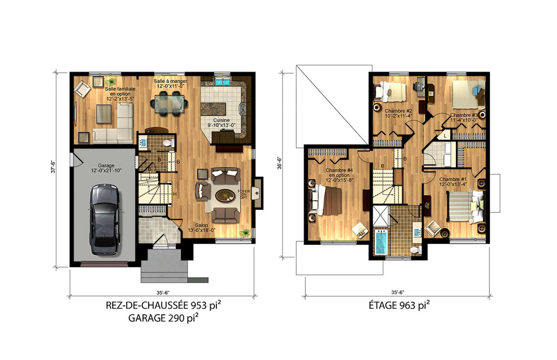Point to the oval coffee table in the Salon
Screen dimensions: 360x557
coord(225,196)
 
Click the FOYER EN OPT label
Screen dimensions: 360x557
coord(243,194)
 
